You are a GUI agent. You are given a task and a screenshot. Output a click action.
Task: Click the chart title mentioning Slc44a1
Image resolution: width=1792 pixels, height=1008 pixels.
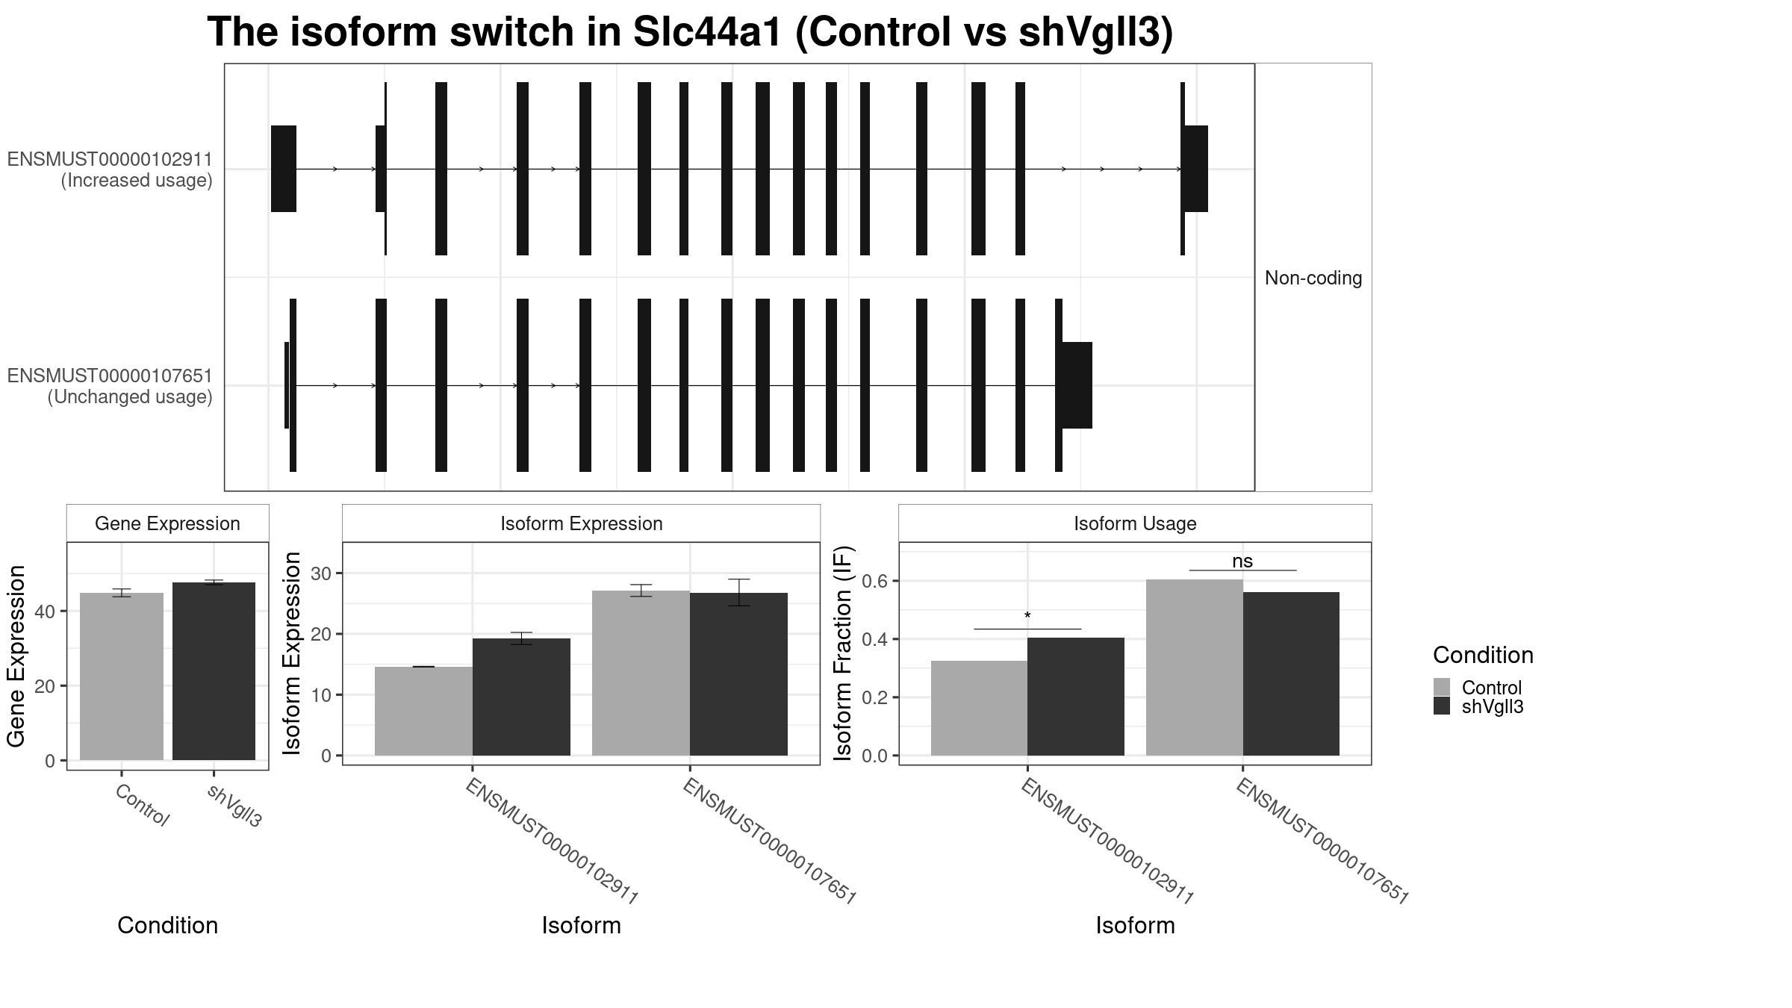690,32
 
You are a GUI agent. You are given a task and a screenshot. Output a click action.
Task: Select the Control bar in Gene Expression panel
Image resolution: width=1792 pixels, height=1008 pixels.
122,676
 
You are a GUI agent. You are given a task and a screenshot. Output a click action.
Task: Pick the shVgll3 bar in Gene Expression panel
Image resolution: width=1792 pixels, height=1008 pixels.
214,671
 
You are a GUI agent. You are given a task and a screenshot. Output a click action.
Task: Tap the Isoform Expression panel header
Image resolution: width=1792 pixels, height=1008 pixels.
582,523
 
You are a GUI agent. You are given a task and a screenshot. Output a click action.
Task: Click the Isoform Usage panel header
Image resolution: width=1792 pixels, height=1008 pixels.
1135,523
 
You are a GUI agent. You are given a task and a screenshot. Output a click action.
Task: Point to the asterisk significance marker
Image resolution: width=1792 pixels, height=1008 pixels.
1027,616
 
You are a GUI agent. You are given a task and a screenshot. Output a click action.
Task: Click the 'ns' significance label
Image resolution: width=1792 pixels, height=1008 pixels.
1242,561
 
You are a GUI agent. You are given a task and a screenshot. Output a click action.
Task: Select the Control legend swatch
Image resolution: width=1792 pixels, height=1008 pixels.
1442,687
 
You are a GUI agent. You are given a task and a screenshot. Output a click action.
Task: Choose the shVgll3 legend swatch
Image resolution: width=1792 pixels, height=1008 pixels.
1442,706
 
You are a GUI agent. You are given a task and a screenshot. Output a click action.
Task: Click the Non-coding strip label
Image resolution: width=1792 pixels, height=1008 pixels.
1313,278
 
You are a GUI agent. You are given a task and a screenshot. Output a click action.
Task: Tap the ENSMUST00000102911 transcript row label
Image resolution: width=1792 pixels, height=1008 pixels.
110,169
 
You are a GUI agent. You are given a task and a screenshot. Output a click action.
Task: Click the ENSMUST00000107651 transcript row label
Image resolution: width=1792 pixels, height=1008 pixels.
110,386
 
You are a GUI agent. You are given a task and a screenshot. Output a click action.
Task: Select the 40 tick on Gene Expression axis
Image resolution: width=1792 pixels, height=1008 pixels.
45,612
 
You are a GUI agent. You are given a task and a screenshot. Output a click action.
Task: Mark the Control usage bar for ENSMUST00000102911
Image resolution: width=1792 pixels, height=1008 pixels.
979,708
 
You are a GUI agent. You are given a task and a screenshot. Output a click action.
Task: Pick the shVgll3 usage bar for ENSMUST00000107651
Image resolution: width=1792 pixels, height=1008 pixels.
1291,673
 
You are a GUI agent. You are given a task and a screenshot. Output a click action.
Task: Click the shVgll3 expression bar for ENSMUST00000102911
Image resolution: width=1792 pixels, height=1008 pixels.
521,697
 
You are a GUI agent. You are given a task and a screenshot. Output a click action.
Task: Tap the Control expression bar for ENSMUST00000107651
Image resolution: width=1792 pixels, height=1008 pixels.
641,673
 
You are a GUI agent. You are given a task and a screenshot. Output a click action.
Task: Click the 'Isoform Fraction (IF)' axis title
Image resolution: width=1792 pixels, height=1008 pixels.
843,653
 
